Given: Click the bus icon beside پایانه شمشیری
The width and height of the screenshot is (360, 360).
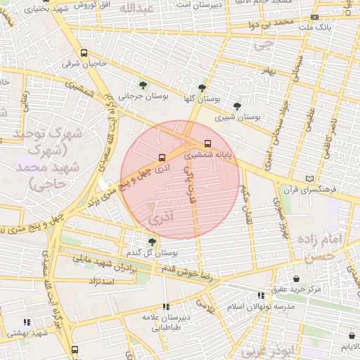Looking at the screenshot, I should pos(206,144).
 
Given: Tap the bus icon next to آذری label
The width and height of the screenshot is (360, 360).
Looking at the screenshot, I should pos(162,157).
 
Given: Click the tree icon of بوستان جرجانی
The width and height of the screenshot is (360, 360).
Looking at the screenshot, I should pos(143,85).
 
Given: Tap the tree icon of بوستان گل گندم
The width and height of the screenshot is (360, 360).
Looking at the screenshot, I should pos(152,241).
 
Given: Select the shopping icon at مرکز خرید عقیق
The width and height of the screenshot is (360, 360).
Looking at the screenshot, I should pos(295,278).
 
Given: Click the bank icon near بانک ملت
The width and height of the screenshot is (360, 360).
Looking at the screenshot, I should pos(314,17).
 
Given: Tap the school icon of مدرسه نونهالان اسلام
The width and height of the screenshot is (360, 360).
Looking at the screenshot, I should pos(261,296).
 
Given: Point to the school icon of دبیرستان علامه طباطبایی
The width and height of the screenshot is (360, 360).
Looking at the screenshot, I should pos(166,307).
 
